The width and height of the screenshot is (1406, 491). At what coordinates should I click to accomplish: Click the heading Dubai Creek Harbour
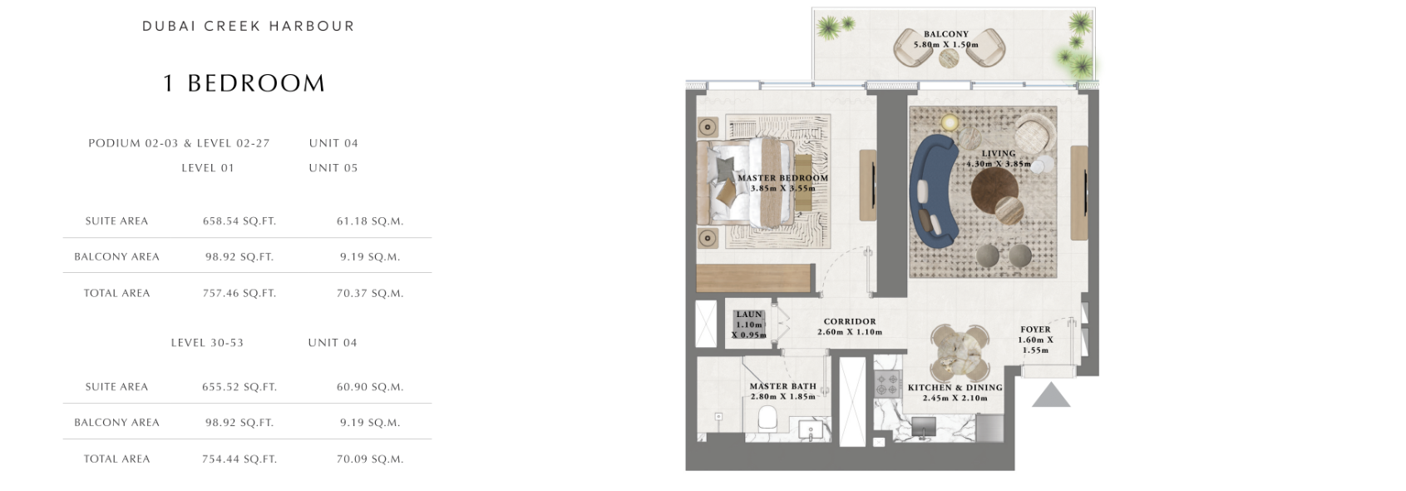(249, 27)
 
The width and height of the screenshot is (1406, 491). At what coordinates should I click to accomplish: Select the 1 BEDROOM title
(244, 83)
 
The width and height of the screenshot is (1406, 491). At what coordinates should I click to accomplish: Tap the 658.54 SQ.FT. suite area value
(239, 221)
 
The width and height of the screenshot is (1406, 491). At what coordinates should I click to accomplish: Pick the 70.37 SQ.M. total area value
(370, 293)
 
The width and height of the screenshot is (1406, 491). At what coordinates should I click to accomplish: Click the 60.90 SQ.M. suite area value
(370, 388)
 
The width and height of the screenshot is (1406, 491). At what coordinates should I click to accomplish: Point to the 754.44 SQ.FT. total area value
(239, 459)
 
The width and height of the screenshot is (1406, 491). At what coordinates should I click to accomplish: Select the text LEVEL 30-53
(207, 343)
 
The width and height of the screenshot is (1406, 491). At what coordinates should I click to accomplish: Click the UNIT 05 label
(333, 168)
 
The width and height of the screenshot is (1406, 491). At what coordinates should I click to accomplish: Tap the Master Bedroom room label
(782, 178)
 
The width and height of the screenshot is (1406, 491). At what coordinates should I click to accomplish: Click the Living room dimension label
(998, 164)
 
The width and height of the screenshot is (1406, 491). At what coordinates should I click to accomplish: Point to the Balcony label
(946, 34)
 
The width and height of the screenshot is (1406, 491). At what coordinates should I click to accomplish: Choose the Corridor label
(850, 321)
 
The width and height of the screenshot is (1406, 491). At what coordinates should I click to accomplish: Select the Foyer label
(1035, 329)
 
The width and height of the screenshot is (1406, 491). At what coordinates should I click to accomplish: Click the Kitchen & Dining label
(955, 388)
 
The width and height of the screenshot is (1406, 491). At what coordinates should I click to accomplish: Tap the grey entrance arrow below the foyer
(1051, 395)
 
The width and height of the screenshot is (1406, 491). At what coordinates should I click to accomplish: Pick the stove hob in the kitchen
(887, 384)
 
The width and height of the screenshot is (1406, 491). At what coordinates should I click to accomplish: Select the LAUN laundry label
(749, 315)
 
